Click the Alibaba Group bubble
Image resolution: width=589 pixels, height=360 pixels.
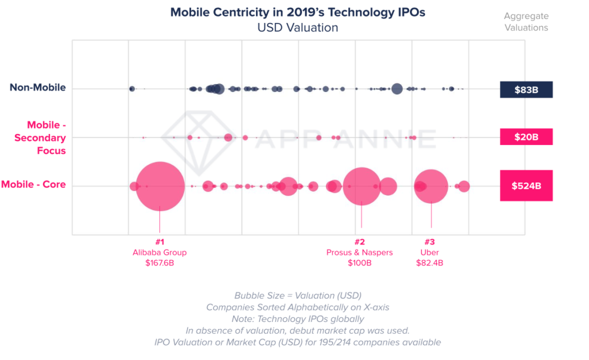160,186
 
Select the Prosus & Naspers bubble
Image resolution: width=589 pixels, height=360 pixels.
361,186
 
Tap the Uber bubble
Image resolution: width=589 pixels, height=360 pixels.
431,186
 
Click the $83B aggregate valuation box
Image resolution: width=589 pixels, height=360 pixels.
526,90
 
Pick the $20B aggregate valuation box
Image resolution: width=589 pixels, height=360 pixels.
526,137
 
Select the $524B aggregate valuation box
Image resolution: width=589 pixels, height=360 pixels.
526,186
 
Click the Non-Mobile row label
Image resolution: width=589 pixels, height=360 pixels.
37,88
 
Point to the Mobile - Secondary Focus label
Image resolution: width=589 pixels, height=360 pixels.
39,137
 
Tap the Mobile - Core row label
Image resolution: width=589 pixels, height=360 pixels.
33,185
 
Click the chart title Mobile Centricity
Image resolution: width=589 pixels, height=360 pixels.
297,13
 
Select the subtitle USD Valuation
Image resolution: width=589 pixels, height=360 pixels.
297,27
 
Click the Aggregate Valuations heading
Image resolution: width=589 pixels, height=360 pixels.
526,22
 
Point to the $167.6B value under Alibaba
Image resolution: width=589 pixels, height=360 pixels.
159,263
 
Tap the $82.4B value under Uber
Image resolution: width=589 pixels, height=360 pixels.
429,263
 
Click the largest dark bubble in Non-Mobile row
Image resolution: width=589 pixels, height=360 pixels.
396,89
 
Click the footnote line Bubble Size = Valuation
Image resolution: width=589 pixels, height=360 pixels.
297,296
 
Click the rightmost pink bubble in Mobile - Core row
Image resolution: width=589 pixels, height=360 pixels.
464,186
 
